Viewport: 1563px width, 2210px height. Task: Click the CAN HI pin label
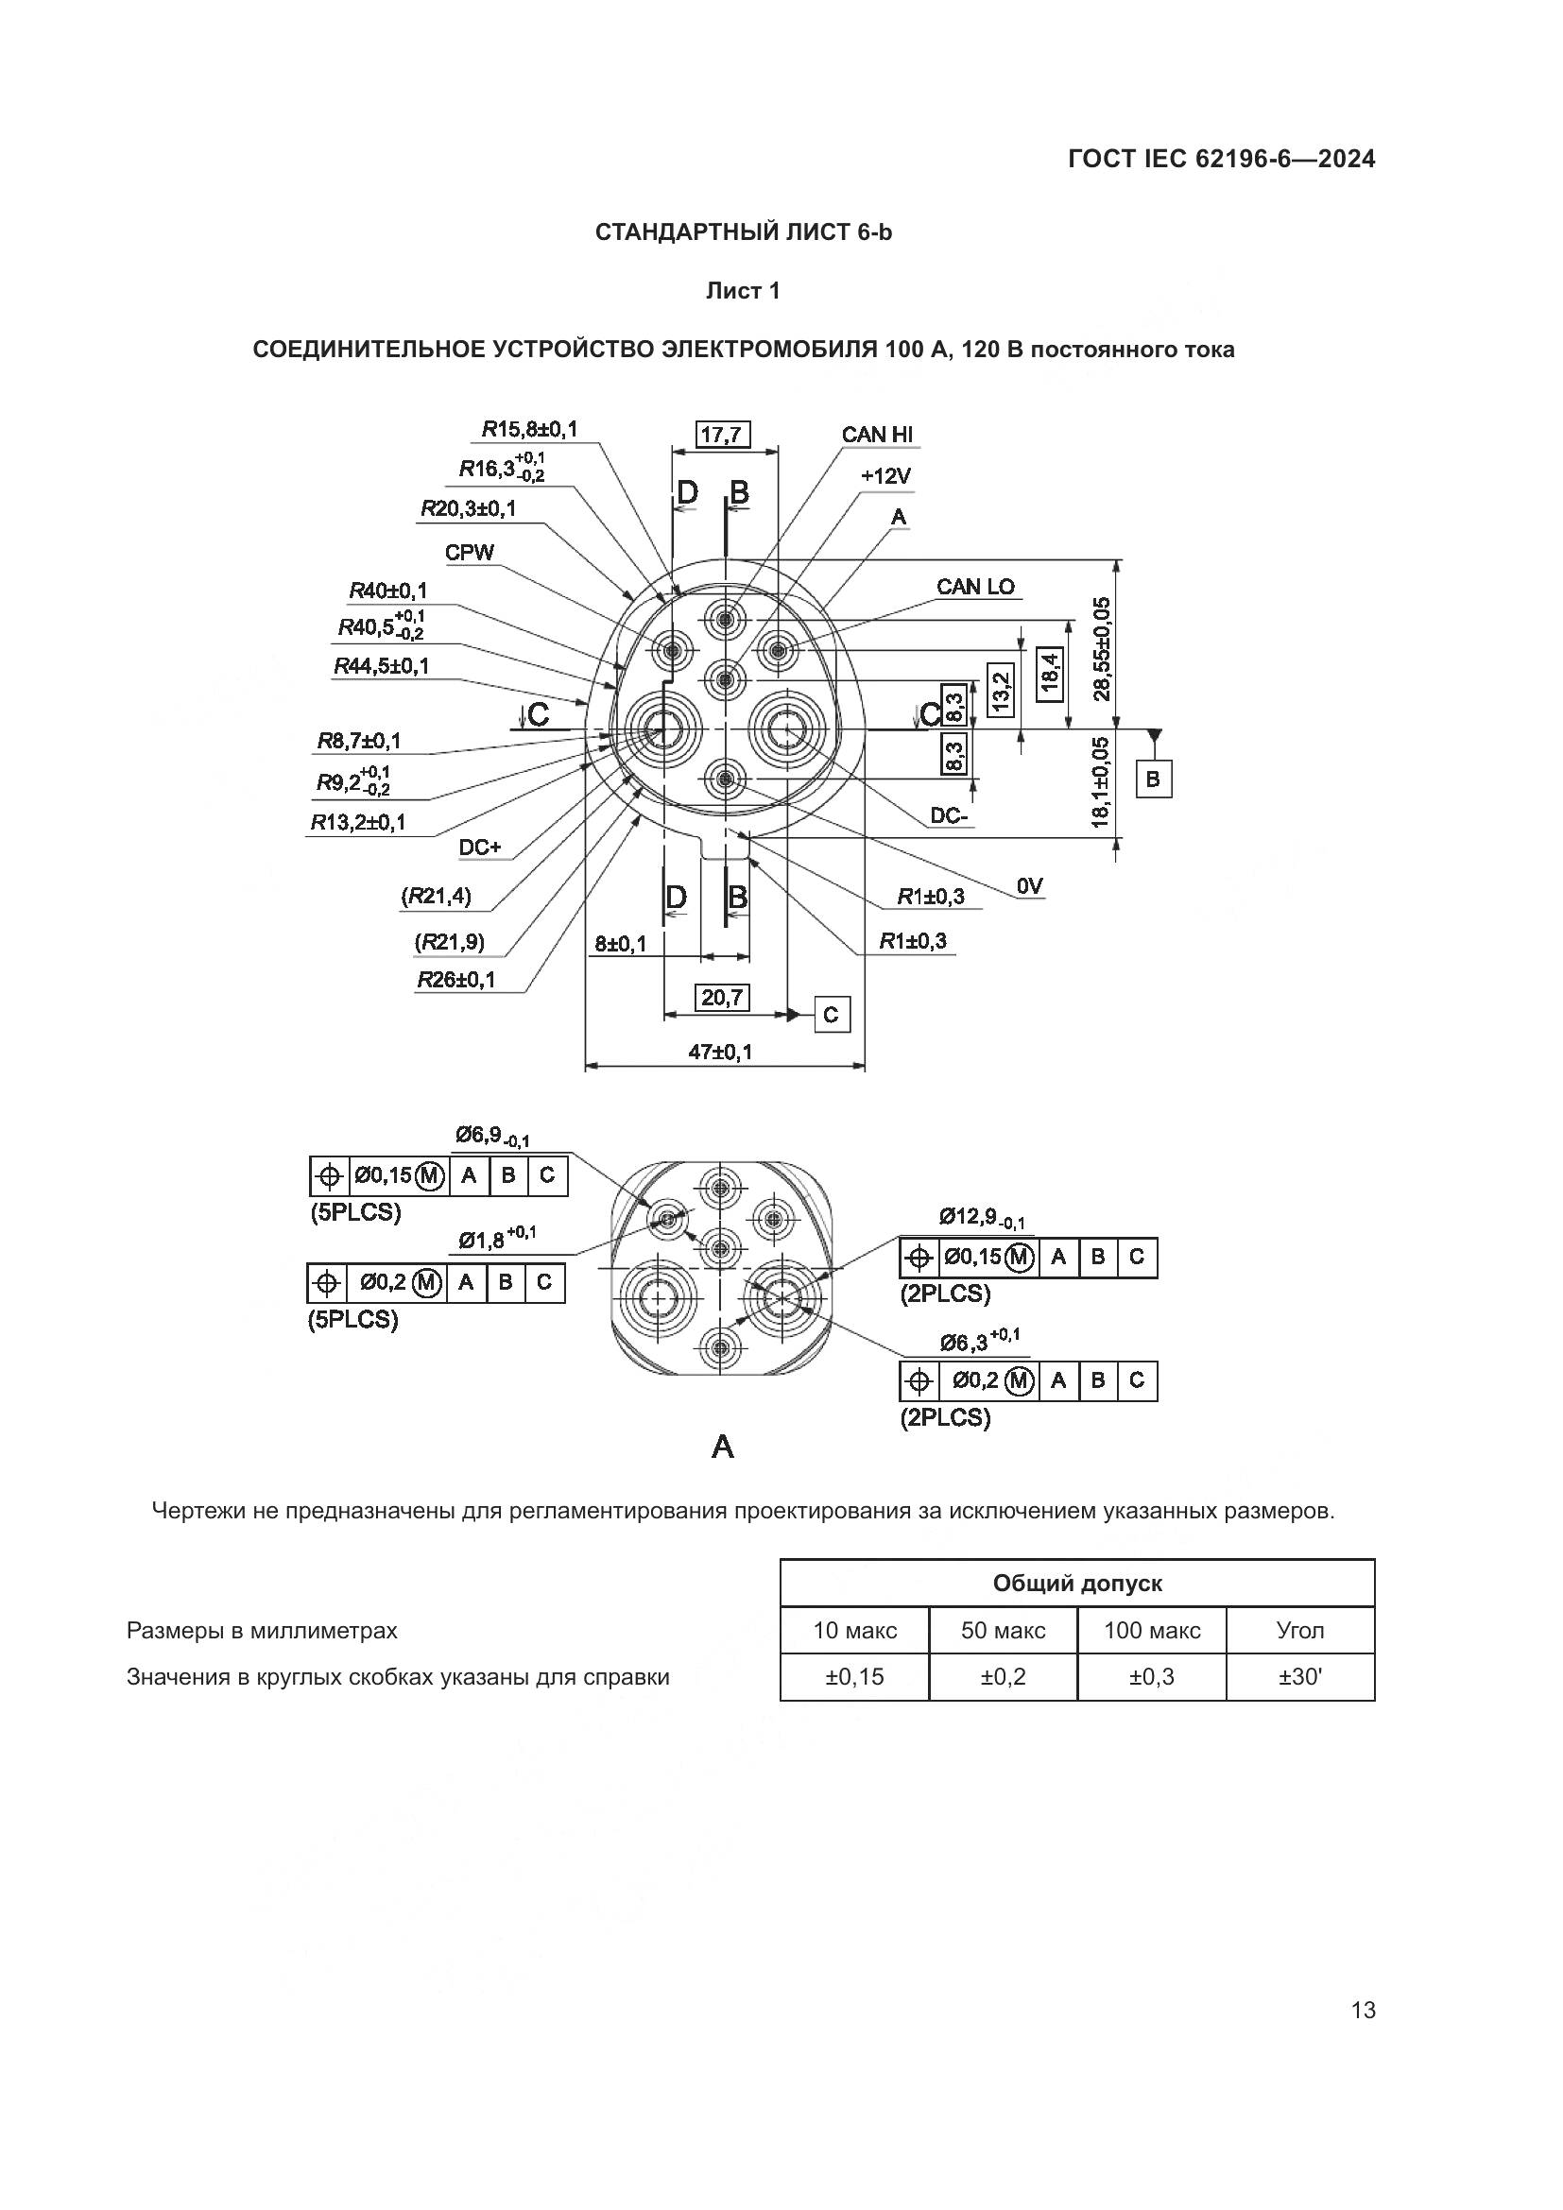pyautogui.click(x=877, y=434)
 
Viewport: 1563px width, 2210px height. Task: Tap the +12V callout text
pyautogui.click(x=885, y=476)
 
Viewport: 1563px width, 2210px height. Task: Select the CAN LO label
pyautogui.click(x=975, y=587)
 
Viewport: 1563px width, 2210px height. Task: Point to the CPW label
pyautogui.click(x=470, y=553)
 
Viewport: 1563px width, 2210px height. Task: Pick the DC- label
pyautogui.click(x=951, y=816)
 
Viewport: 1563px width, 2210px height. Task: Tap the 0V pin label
pyautogui.click(x=1030, y=886)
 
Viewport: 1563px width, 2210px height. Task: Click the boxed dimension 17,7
pyautogui.click(x=723, y=435)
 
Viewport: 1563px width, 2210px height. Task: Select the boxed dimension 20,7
pyautogui.click(x=723, y=997)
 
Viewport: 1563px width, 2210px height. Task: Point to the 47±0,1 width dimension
pyautogui.click(x=721, y=1052)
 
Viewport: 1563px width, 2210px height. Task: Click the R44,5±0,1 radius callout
pyautogui.click(x=382, y=666)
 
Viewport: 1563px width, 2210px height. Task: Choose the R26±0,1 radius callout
pyautogui.click(x=456, y=980)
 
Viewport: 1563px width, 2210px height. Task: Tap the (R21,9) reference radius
pyautogui.click(x=450, y=941)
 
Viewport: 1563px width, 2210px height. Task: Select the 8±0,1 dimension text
pyautogui.click(x=621, y=944)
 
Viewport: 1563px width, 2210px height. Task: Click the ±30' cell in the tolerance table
pyautogui.click(x=1300, y=1678)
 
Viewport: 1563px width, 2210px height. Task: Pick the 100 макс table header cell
pyautogui.click(x=1152, y=1631)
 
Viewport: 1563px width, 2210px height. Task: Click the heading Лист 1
pyautogui.click(x=743, y=291)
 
